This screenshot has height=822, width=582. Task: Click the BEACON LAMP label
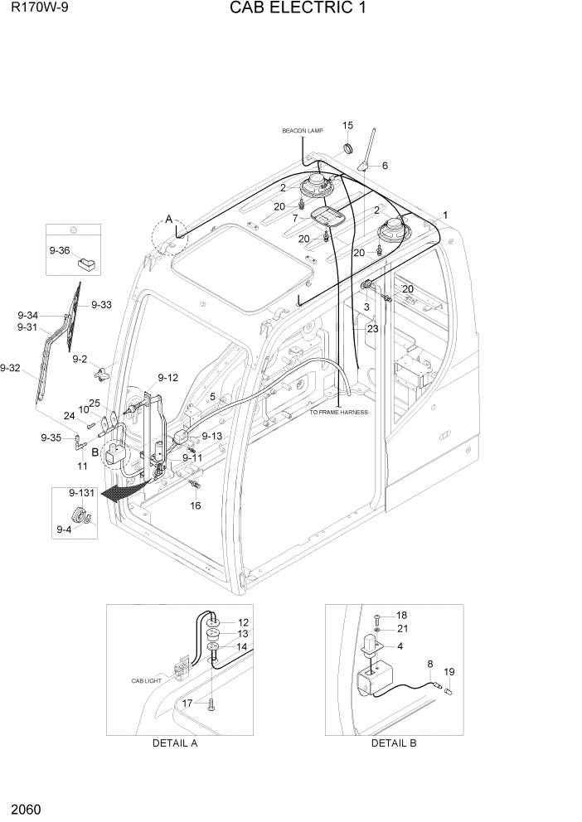[302, 131]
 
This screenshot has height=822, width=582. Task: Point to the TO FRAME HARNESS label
[339, 412]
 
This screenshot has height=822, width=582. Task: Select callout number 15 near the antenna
[347, 126]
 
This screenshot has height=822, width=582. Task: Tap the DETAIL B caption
[394, 743]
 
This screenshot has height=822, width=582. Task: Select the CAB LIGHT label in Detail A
[148, 680]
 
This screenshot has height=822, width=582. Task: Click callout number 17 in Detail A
[187, 703]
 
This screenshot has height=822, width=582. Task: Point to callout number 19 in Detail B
[449, 672]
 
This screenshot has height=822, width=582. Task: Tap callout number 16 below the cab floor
[196, 505]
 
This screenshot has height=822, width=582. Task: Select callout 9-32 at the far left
[11, 367]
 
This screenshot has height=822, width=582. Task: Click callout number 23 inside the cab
[373, 328]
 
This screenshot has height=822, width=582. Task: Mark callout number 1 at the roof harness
[445, 215]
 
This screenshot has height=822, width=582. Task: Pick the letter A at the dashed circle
[169, 220]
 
